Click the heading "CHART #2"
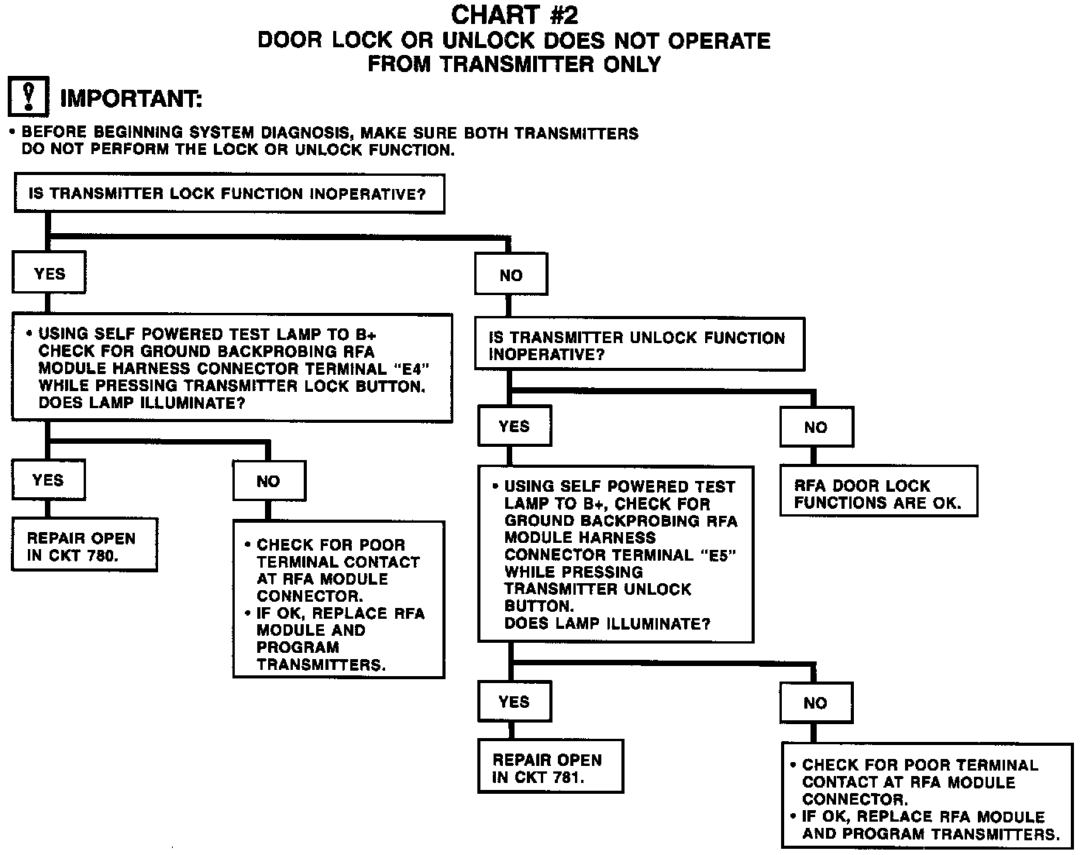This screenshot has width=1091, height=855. pos(514,15)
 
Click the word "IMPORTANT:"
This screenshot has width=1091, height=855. pos(131,99)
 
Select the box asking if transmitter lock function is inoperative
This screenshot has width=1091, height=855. pos(229,194)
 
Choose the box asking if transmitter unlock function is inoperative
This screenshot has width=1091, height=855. pos(639,346)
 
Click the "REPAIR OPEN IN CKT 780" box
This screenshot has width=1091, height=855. pos(84,546)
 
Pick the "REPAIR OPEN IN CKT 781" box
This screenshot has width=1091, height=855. pos(550,768)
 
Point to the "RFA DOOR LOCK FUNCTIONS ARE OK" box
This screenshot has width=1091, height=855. pos(878,493)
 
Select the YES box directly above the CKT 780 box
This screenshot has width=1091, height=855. pos(48,480)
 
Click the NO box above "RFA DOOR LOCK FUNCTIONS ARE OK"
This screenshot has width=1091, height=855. pos(815,427)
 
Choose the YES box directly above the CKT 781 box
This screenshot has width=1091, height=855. pos(514,702)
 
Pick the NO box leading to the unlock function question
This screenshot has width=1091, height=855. pos(511,275)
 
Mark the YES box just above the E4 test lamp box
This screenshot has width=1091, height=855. pos(49,273)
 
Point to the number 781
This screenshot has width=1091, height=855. pos(568,778)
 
